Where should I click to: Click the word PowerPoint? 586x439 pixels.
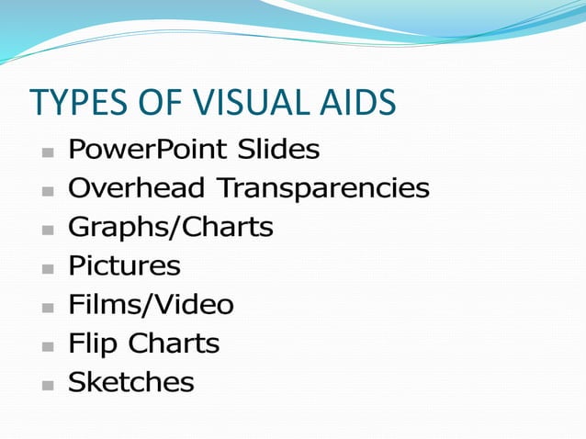point(147,149)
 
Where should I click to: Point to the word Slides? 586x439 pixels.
point(278,149)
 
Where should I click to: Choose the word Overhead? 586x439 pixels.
point(137,188)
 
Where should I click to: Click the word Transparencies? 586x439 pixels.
point(322,188)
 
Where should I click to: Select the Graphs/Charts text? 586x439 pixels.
point(171,227)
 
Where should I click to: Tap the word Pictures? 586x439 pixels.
point(124,266)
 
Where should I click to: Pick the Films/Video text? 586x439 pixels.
point(151,305)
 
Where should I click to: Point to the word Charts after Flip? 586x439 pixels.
point(174,344)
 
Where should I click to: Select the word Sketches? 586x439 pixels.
point(131,383)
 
